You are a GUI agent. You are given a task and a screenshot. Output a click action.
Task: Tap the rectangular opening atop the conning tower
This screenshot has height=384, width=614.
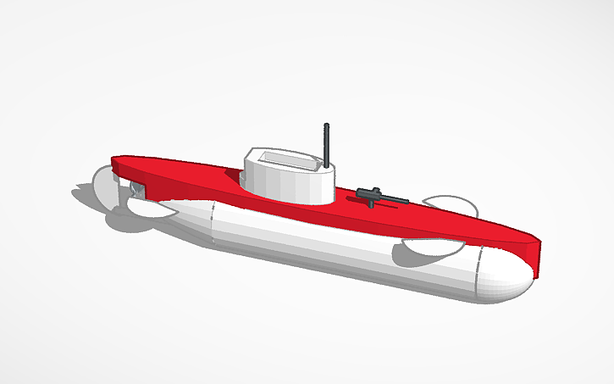(284, 159)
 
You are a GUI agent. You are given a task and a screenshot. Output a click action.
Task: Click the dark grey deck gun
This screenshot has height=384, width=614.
(378, 196)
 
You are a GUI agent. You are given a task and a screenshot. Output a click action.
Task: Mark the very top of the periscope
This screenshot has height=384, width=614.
(326, 125)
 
